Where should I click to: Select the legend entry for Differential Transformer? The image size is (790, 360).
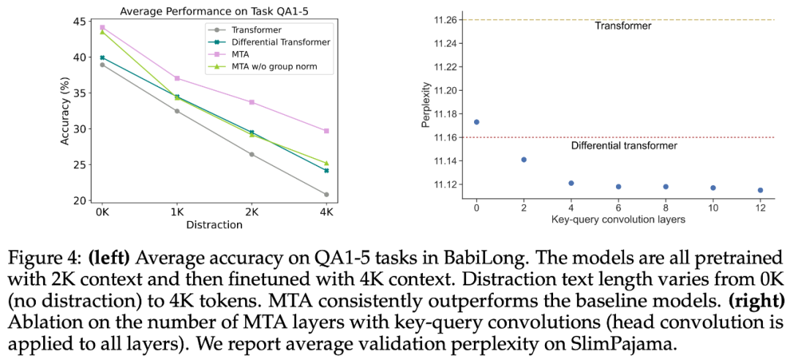pyautogui.click(x=280, y=42)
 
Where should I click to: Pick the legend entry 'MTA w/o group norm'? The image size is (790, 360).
pyautogui.click(x=274, y=67)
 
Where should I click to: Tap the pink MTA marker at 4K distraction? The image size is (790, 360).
pyautogui.click(x=326, y=131)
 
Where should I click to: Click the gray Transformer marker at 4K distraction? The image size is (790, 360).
pyautogui.click(x=326, y=195)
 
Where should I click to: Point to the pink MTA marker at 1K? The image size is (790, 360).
pyautogui.click(x=177, y=78)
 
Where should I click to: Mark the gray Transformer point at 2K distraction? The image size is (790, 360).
pyautogui.click(x=252, y=154)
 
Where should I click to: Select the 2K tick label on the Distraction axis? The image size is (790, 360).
pyautogui.click(x=252, y=211)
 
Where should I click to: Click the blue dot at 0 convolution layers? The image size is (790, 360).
pyautogui.click(x=477, y=122)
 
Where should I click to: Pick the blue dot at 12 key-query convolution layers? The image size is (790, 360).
pyautogui.click(x=760, y=190)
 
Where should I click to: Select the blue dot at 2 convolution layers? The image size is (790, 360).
pyautogui.click(x=524, y=160)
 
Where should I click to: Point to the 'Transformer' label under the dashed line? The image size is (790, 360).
pyautogui.click(x=622, y=26)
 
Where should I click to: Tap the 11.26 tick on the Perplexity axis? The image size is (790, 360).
pyautogui.click(x=445, y=20)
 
